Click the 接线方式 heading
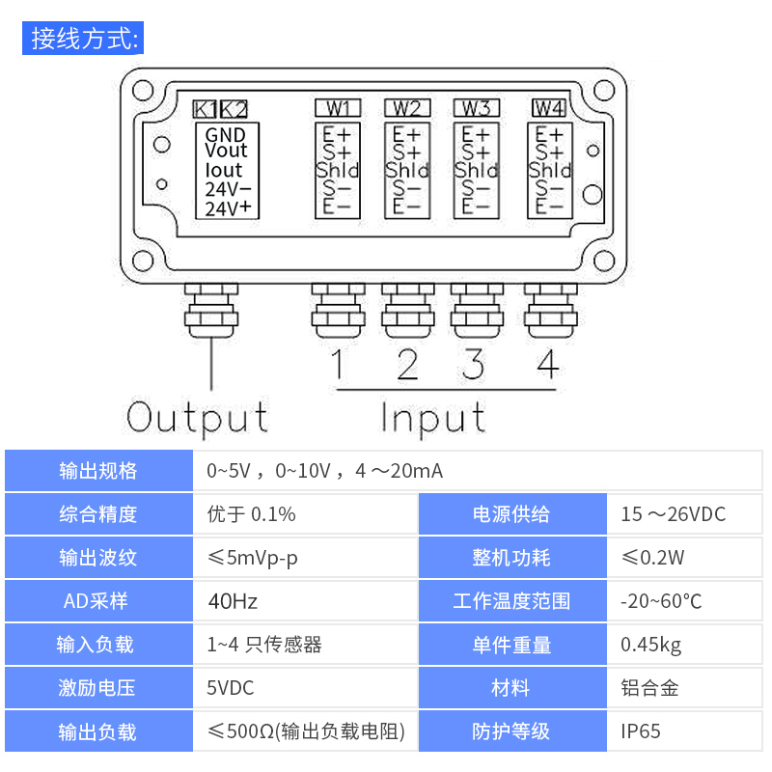click(x=85, y=40)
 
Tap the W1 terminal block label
click(x=338, y=107)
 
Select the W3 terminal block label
click(x=476, y=107)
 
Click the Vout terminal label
click(x=226, y=152)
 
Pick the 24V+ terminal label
click(x=228, y=208)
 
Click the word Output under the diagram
click(x=198, y=418)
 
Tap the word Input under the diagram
click(x=432, y=418)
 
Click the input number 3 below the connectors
click(x=474, y=365)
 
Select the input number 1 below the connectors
click(x=338, y=365)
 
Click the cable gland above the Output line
click(x=210, y=309)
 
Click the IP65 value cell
click(x=641, y=731)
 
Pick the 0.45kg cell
click(x=650, y=645)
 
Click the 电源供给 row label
click(x=511, y=514)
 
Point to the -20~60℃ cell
click(x=661, y=601)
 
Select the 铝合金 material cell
click(x=649, y=688)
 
